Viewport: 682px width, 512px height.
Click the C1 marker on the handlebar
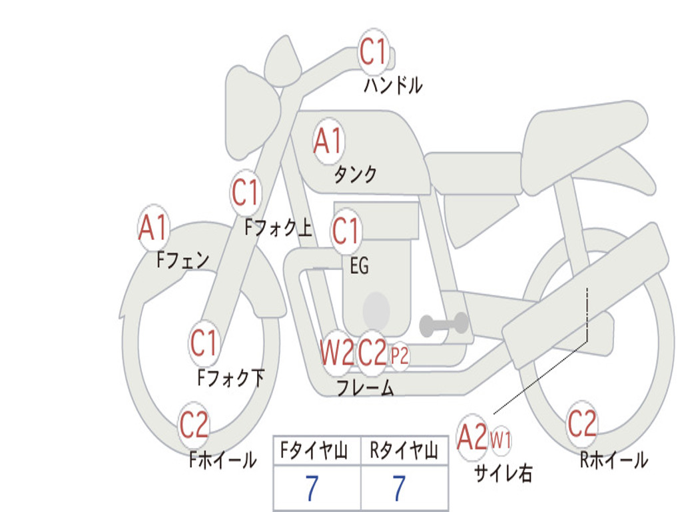click(373, 51)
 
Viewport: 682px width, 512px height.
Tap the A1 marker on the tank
click(328, 141)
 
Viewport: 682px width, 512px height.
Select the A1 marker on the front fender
click(154, 227)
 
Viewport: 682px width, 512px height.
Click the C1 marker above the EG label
click(346, 231)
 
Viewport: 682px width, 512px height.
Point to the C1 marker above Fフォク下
click(204, 343)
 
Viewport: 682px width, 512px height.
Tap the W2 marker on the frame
click(336, 352)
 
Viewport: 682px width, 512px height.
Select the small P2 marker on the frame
click(400, 356)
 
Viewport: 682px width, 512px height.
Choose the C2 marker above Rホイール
click(582, 423)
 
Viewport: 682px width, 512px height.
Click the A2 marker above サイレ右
click(472, 437)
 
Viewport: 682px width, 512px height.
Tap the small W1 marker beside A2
click(501, 440)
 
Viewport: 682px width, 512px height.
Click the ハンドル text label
click(393, 85)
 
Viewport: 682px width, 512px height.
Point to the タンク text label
click(356, 174)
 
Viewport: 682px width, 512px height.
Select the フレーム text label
click(366, 387)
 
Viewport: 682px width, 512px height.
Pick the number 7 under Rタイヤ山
click(400, 488)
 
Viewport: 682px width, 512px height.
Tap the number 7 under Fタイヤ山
click(312, 488)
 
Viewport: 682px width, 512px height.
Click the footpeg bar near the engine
click(444, 323)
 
